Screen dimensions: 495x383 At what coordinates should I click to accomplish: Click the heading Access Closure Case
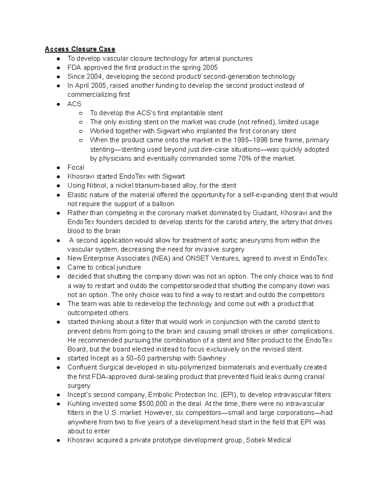pos(80,49)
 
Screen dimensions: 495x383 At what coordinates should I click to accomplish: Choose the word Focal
pos(76,167)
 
